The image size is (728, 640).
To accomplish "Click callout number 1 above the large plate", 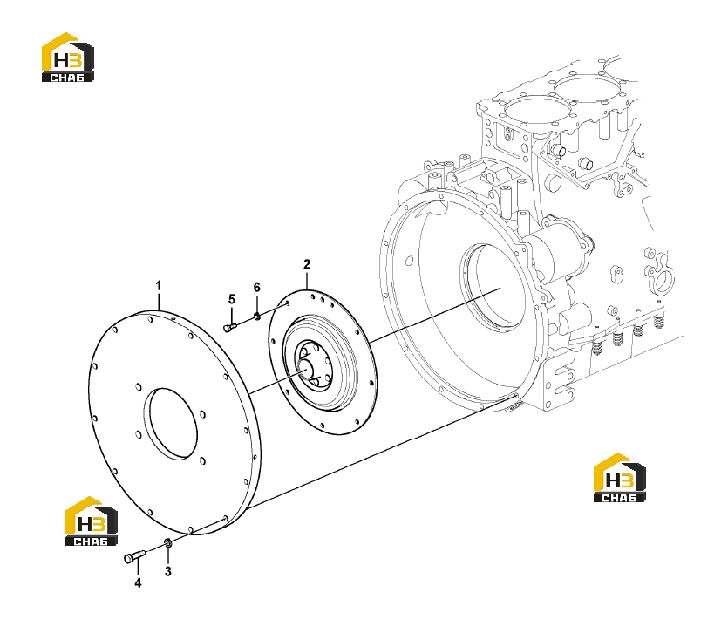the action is click(x=159, y=286).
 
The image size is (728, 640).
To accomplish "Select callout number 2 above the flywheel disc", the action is click(x=306, y=264).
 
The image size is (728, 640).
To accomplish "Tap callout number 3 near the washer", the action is click(x=168, y=571).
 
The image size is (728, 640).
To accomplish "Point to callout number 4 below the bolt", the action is click(x=138, y=582).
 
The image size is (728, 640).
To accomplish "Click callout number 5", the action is click(x=232, y=300).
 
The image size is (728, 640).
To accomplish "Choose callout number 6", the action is click(x=256, y=288).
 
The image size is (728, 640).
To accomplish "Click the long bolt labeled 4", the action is click(x=135, y=555).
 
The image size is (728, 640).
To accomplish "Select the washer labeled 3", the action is click(x=168, y=542).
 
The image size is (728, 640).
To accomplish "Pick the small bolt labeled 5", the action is click(x=230, y=328).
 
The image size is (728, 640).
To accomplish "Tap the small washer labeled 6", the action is click(x=256, y=317).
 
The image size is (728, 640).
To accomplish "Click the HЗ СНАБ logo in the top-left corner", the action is click(x=68, y=58).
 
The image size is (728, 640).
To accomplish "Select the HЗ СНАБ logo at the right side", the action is click(x=620, y=478).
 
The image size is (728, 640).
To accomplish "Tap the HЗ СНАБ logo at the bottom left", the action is click(x=91, y=521).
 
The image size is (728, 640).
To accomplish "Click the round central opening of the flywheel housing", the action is click(x=494, y=288).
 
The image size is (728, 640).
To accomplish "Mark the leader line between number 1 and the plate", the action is click(x=159, y=302).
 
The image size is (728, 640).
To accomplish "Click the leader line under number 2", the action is click(x=307, y=280).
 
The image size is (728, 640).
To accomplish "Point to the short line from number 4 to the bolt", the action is click(x=138, y=569).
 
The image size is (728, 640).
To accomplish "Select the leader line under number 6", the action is click(x=256, y=304).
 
